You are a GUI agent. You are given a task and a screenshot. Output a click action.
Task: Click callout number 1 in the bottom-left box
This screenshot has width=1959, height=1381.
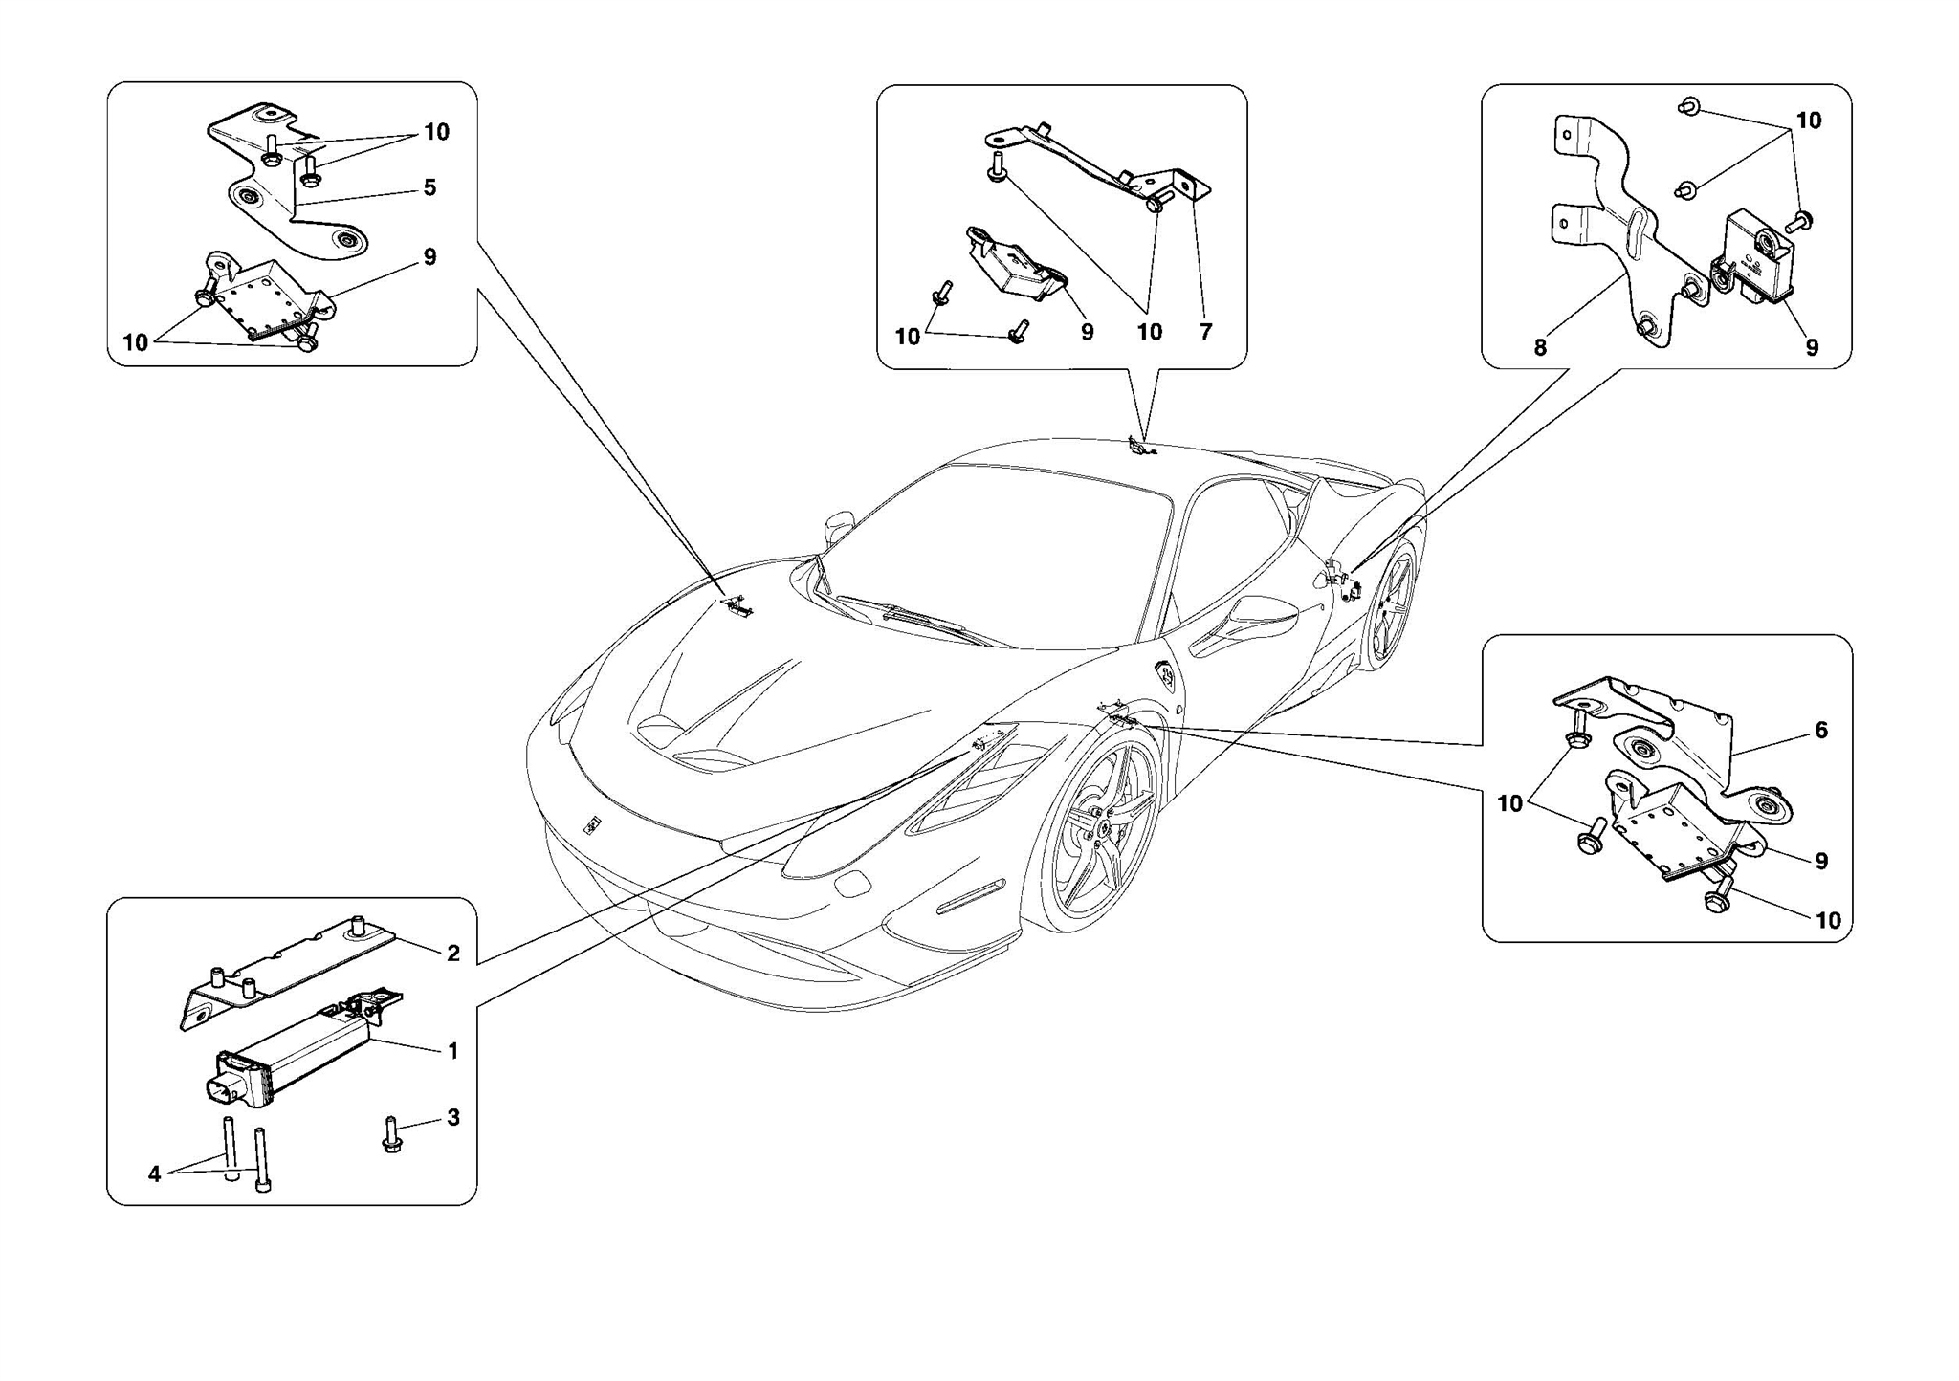click(x=453, y=1051)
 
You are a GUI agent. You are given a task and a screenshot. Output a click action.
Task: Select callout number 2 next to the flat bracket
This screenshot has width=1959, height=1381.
click(x=453, y=953)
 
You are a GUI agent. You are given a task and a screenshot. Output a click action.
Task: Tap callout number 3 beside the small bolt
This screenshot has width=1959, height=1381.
click(x=453, y=1117)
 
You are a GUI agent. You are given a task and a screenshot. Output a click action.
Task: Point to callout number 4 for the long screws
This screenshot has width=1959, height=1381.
click(x=155, y=1174)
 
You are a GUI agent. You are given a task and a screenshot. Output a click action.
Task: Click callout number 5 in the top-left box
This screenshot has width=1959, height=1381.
click(x=429, y=187)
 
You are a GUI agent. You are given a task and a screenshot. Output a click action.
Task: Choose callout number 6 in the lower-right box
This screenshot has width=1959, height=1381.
click(x=1821, y=731)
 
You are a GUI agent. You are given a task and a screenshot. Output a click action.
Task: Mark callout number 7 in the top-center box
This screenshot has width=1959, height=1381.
click(x=1205, y=332)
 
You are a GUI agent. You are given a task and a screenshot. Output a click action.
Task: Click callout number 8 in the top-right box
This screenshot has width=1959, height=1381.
click(x=1540, y=348)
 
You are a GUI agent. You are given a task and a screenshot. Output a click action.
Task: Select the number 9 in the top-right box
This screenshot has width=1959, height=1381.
click(x=1812, y=348)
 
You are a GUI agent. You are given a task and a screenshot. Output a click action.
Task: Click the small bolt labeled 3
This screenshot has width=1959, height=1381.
click(x=391, y=1134)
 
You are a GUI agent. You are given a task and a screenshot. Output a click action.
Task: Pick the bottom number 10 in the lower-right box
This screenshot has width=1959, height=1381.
click(x=1828, y=920)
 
